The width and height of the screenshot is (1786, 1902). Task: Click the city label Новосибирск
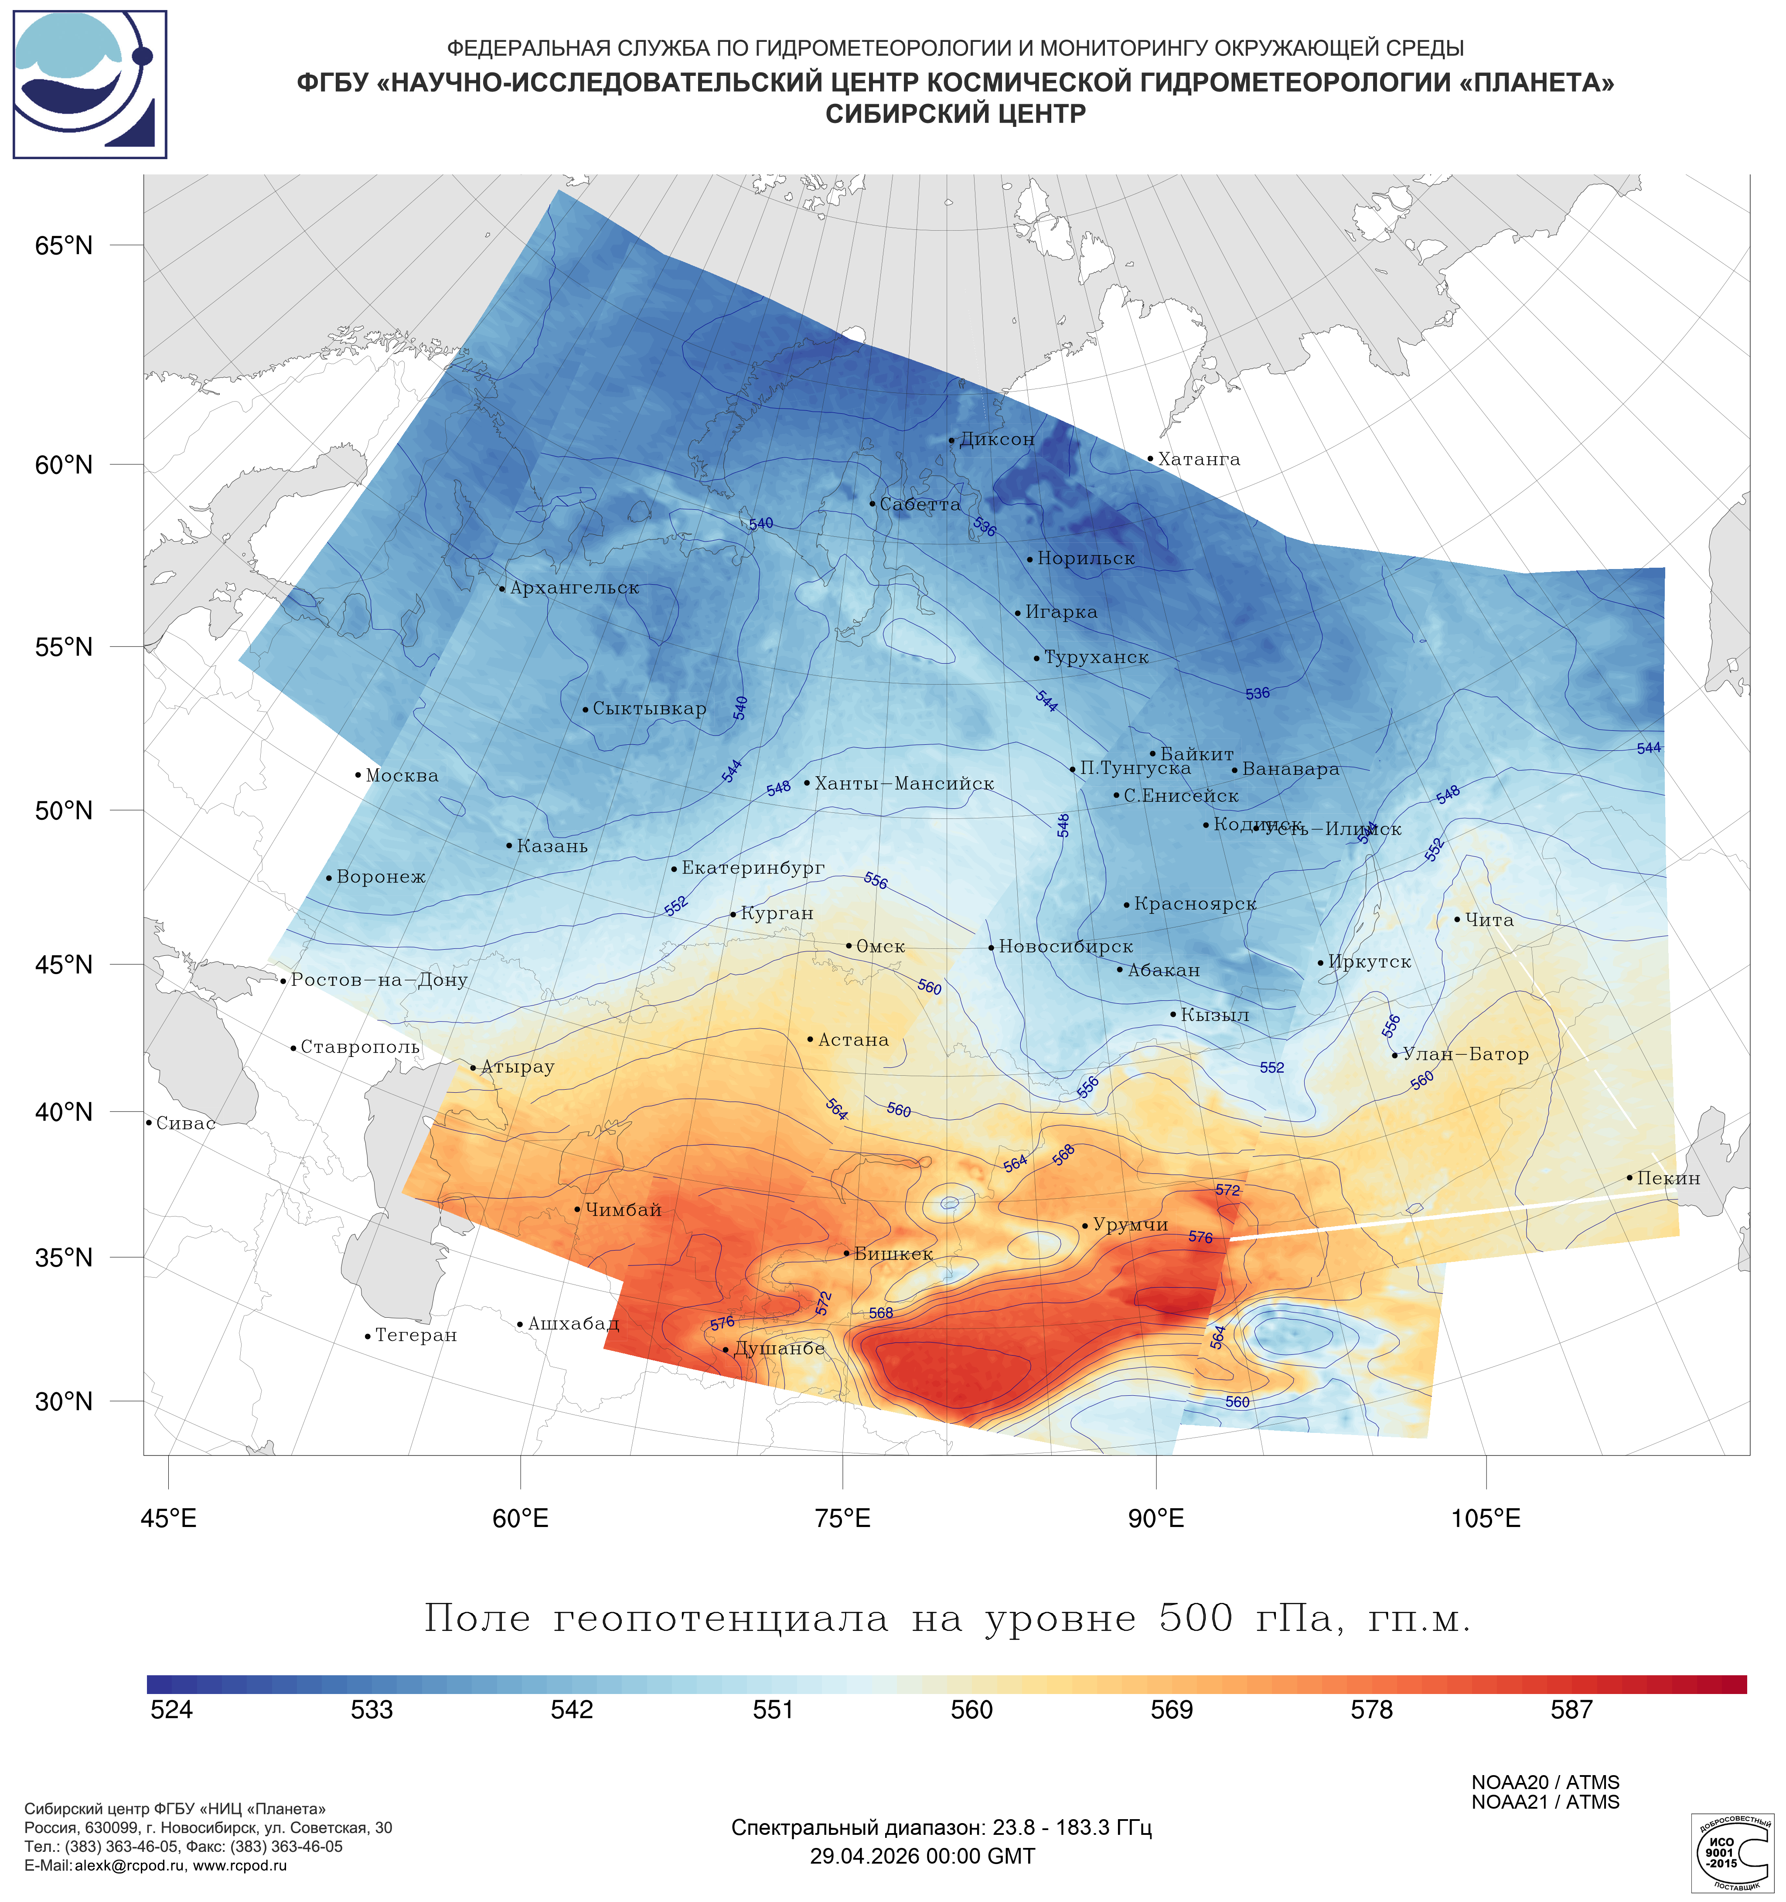(x=1066, y=947)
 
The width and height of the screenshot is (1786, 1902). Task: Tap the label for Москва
(x=402, y=776)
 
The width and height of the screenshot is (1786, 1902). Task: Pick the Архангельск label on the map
(x=574, y=588)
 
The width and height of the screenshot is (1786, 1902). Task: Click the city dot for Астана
(x=810, y=1039)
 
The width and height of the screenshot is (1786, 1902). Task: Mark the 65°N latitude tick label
(x=64, y=246)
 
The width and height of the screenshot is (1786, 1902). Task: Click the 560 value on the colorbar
(x=972, y=1710)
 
